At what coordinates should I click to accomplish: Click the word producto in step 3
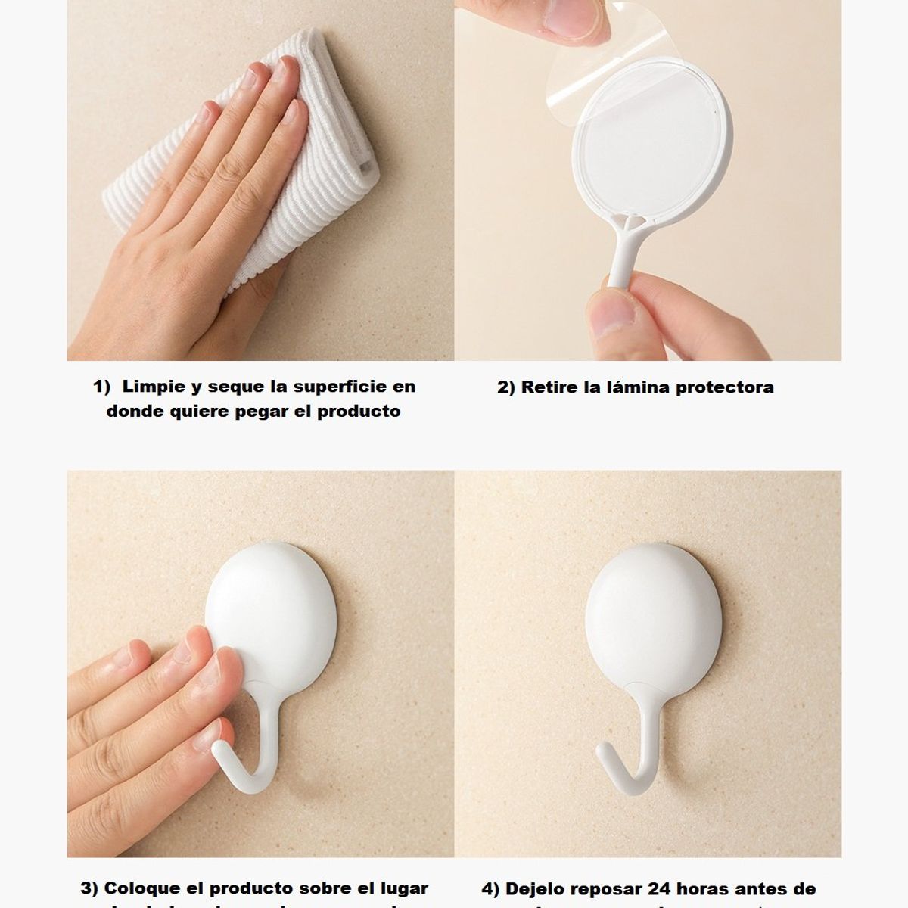(246, 888)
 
